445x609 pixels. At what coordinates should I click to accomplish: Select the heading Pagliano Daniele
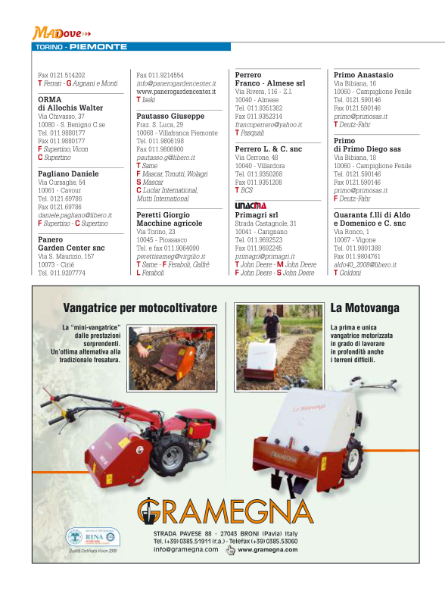pyautogui.click(x=68, y=173)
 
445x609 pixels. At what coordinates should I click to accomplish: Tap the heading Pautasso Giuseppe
pyautogui.click(x=170, y=116)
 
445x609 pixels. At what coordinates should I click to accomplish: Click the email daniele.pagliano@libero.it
pyautogui.click(x=75, y=215)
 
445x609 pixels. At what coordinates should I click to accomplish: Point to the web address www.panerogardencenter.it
pyautogui.click(x=176, y=92)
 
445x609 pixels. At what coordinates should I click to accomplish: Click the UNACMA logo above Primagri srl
pyautogui.click(x=251, y=205)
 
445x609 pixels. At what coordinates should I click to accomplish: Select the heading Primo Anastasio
pyautogui.click(x=363, y=76)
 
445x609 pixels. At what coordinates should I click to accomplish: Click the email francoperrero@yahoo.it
pyautogui.click(x=268, y=124)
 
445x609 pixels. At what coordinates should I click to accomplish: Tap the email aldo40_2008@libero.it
pyautogui.click(x=365, y=264)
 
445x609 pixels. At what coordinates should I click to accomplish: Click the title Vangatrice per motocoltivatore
pyautogui.click(x=140, y=308)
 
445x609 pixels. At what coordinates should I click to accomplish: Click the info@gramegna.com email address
pyautogui.click(x=185, y=550)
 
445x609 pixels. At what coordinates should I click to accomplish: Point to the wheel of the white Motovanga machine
pyautogui.click(x=351, y=458)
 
